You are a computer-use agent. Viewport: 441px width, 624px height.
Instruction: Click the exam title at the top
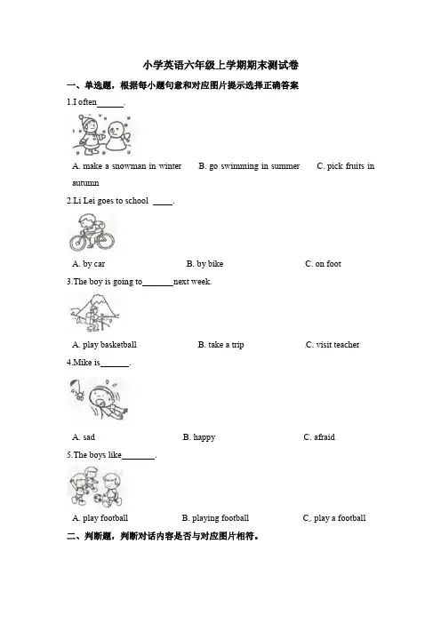pyautogui.click(x=220, y=65)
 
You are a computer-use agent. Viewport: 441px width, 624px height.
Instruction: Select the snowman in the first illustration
pyautogui.click(x=119, y=136)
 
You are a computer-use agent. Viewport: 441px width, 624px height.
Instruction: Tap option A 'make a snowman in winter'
pyautogui.click(x=126, y=166)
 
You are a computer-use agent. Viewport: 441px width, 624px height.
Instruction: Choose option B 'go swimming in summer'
pyautogui.click(x=249, y=166)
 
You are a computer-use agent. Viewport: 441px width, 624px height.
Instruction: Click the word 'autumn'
pyautogui.click(x=85, y=183)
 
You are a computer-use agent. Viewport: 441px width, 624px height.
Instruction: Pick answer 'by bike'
pyautogui.click(x=204, y=263)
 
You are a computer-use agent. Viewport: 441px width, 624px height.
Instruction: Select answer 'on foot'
pyautogui.click(x=323, y=263)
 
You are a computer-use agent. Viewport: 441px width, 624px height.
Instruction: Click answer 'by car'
pyautogui.click(x=88, y=263)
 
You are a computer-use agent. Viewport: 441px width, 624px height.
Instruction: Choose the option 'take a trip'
pyautogui.click(x=220, y=345)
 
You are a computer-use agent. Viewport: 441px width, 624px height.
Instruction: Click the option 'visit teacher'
pyautogui.click(x=333, y=345)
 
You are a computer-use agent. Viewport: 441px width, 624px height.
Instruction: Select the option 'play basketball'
pyautogui.click(x=104, y=345)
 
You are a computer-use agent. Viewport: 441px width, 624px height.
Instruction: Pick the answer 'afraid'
pyautogui.click(x=319, y=437)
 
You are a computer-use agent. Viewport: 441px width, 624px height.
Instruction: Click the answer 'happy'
pyautogui.click(x=199, y=437)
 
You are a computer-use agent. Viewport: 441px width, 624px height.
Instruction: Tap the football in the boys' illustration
pyautogui.click(x=98, y=499)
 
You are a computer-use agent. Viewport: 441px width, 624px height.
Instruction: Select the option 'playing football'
pyautogui.click(x=215, y=518)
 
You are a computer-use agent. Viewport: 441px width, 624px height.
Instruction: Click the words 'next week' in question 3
pyautogui.click(x=192, y=282)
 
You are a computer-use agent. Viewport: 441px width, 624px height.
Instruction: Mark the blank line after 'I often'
pyautogui.click(x=110, y=107)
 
